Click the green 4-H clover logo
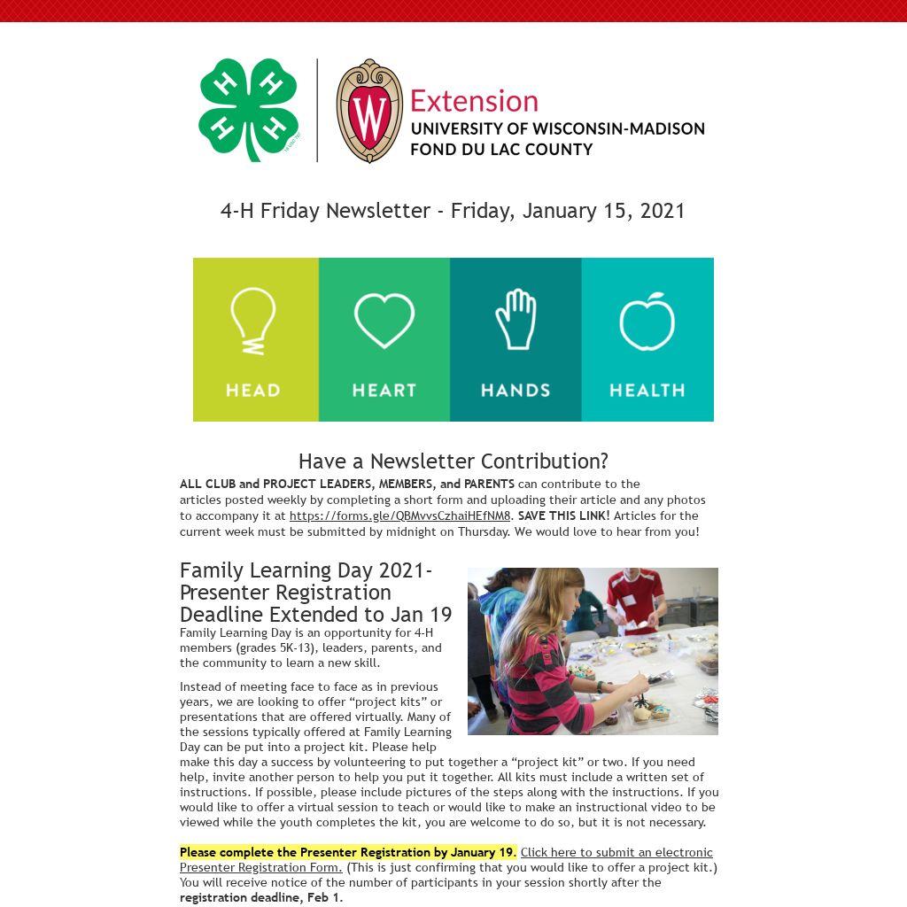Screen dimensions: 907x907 tap(247, 109)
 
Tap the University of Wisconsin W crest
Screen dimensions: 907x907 tap(369, 111)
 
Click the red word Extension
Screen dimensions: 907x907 tap(474, 101)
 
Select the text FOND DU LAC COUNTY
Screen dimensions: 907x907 tap(501, 149)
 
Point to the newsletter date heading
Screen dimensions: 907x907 tap(453, 211)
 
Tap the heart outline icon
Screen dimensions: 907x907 tap(384, 320)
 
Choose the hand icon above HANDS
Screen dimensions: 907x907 tap(516, 319)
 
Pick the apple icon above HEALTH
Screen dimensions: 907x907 tap(647, 321)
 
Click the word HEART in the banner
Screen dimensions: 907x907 tap(384, 390)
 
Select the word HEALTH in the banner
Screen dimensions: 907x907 tap(647, 390)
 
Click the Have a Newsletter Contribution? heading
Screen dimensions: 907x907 tap(453, 461)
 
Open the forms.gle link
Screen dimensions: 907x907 tap(399, 516)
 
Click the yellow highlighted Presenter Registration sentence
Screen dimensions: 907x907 tap(347, 852)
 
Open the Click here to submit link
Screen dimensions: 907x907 tap(616, 852)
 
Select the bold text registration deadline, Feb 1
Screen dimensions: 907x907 tap(260, 897)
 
